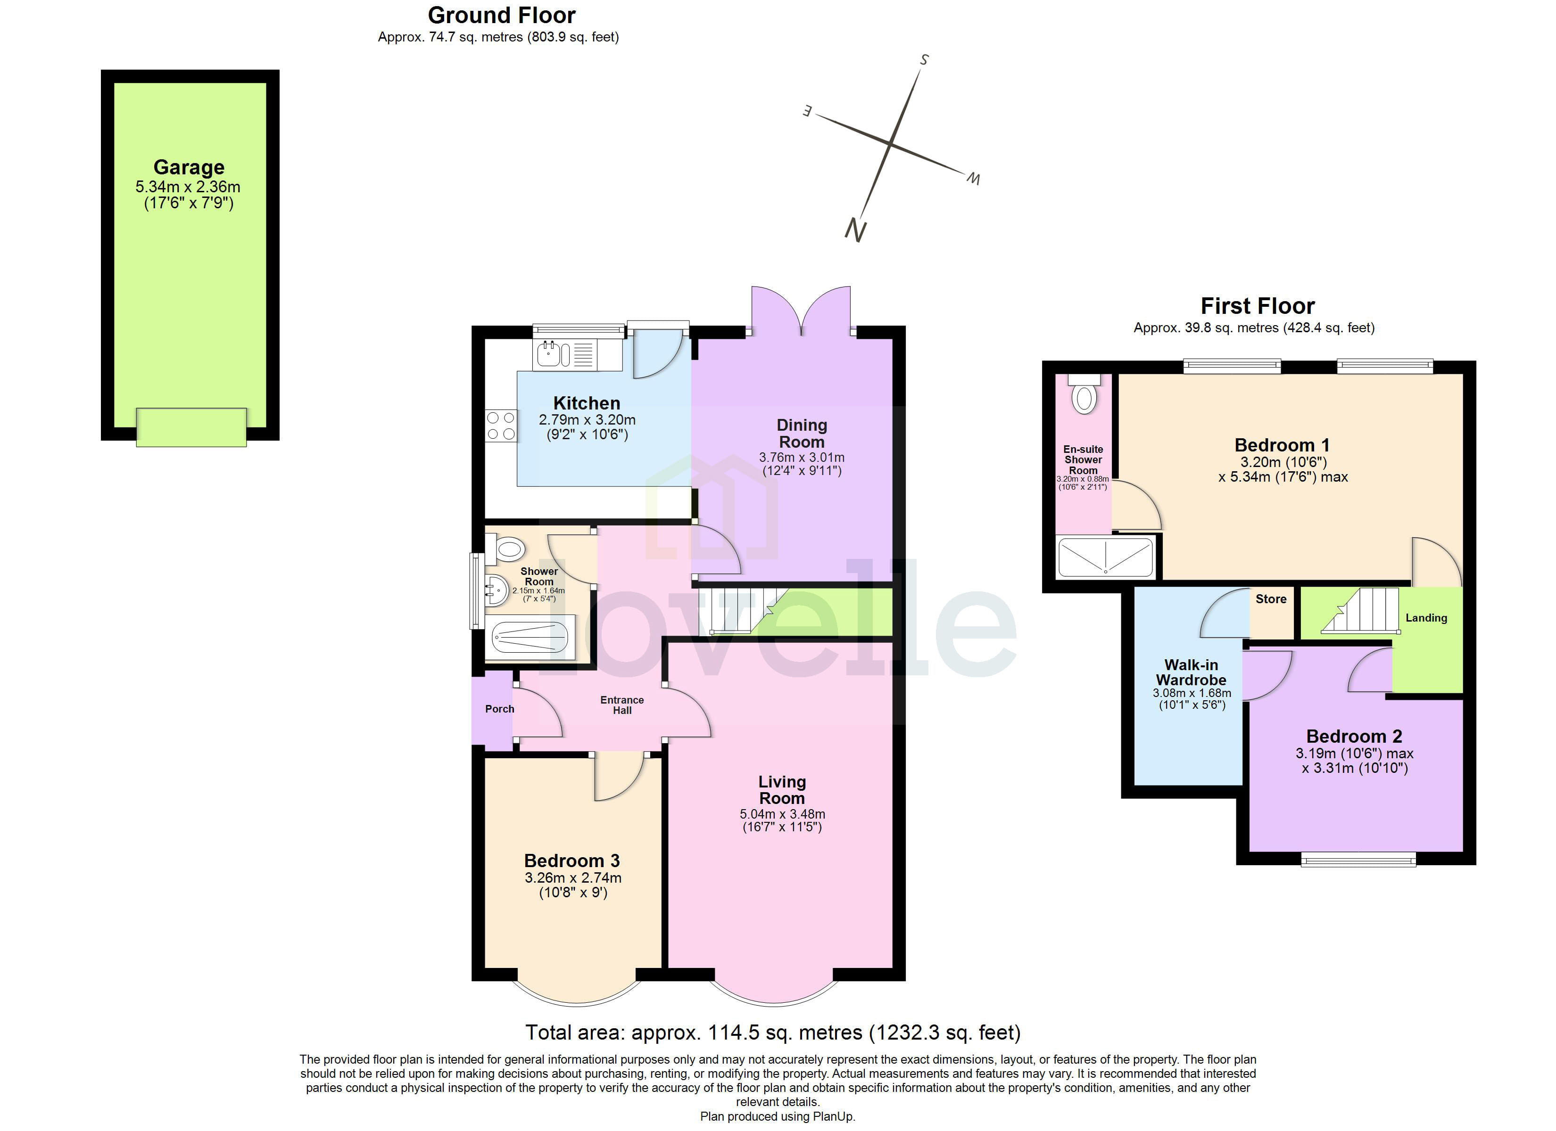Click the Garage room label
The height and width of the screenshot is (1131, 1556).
[x=189, y=167]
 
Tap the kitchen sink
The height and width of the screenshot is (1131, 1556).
[x=549, y=354]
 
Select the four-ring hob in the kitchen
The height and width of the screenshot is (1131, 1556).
[x=501, y=425]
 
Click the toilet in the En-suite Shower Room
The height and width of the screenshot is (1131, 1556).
[x=1084, y=396]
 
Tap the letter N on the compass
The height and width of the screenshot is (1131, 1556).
[x=855, y=230]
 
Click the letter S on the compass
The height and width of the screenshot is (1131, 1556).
[x=924, y=60]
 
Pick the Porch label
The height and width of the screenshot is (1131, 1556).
[x=499, y=709]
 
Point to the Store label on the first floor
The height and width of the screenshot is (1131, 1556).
[x=1271, y=599]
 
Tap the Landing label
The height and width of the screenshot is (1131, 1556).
[x=1426, y=618]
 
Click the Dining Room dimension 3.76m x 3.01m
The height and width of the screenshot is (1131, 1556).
[x=801, y=458]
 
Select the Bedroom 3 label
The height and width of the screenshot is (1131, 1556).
[x=571, y=861]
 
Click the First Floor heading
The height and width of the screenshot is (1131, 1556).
[x=1257, y=306]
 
